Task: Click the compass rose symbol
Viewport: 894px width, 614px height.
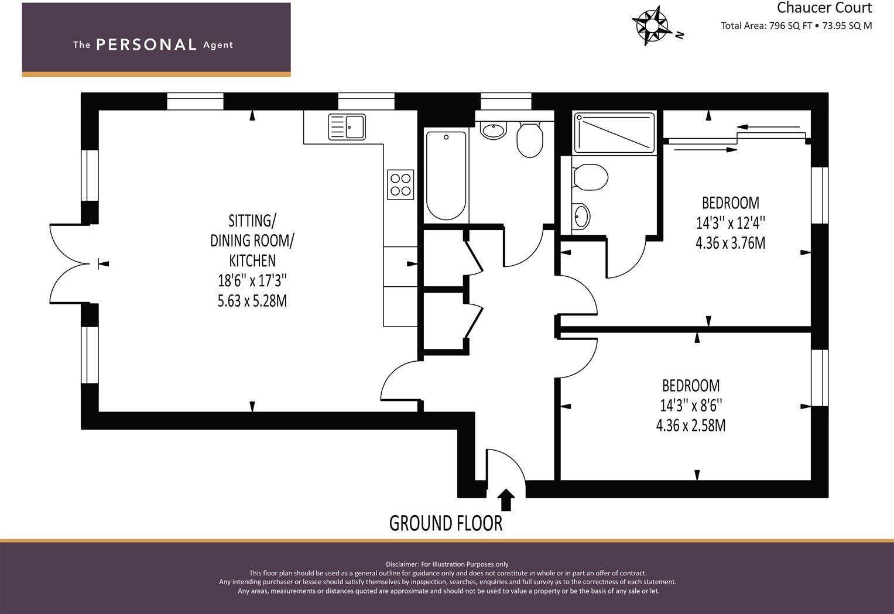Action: pos(652,25)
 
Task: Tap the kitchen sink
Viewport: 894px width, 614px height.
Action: pos(347,126)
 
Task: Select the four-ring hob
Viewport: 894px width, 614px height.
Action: pos(400,184)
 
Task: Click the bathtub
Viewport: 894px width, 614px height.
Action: pos(446,175)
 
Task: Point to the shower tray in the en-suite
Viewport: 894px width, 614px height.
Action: pos(614,133)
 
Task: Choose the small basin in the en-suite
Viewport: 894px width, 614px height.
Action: pos(581,217)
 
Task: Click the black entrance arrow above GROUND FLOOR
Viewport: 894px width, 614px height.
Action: pos(506,500)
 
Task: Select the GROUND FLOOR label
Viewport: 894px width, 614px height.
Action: pos(446,523)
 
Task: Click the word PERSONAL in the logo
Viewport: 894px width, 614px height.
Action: pos(146,44)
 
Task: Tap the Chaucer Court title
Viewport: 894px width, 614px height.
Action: pos(824,8)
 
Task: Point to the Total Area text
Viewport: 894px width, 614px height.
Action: pos(796,26)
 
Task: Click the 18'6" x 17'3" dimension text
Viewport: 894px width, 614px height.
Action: pos(252,280)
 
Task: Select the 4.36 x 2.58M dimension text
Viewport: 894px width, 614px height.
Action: pos(691,425)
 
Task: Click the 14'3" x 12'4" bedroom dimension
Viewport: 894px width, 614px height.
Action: pos(730,222)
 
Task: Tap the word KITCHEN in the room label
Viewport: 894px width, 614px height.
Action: pos(252,260)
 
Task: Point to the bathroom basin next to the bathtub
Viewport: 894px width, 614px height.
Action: pos(494,131)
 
